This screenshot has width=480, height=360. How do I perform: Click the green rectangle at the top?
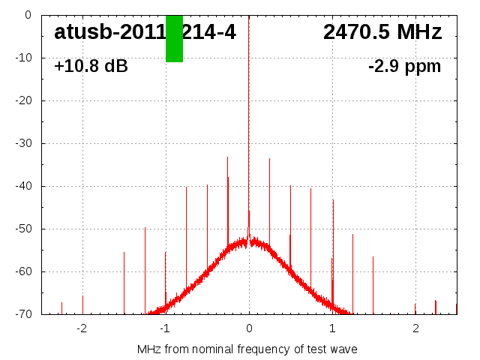(174, 38)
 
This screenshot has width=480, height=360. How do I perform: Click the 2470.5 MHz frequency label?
(382, 32)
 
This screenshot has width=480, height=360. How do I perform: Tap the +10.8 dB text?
(91, 67)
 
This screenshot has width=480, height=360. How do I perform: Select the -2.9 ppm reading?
(404, 67)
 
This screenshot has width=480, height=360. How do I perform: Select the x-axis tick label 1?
(332, 328)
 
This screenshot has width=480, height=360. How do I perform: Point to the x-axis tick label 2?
(415, 328)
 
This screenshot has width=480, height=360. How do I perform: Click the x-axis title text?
(247, 349)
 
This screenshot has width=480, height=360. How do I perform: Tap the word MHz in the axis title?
(148, 349)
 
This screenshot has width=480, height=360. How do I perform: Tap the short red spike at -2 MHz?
(82, 304)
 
